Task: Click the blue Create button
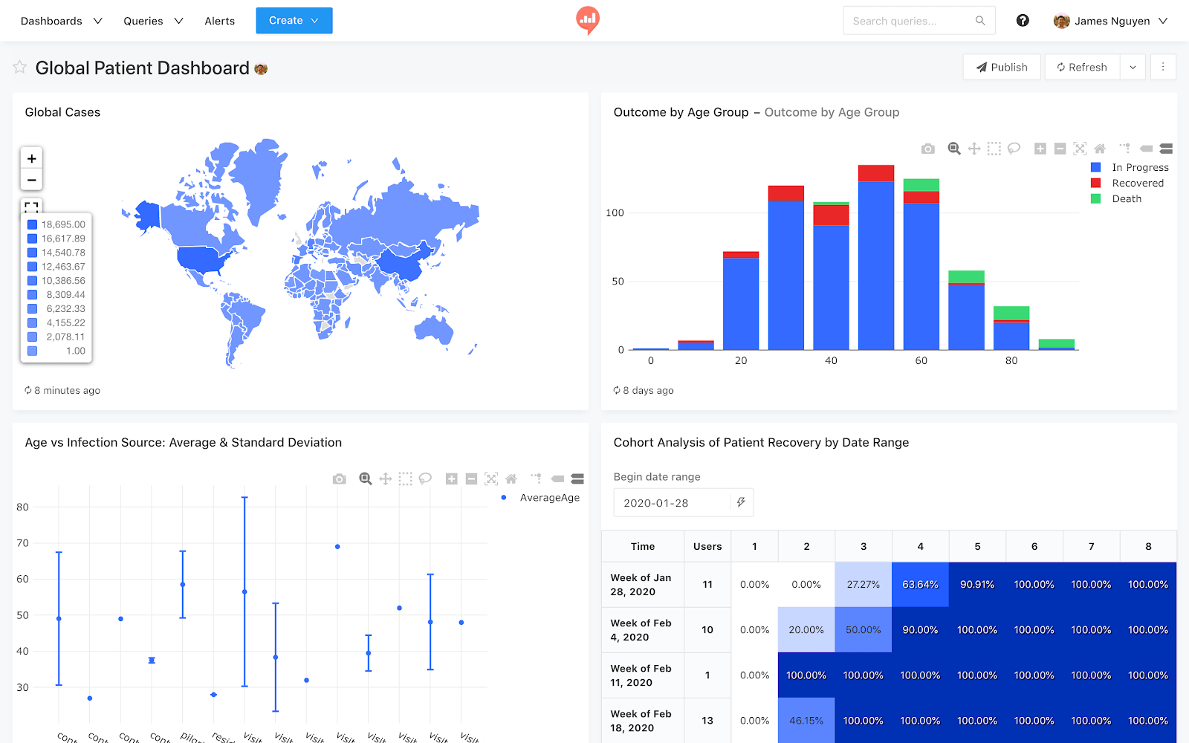point(294,21)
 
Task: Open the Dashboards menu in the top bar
point(61,21)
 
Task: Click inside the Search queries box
point(910,21)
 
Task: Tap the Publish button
point(1002,67)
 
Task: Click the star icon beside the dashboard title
point(20,68)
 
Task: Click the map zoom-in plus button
point(31,158)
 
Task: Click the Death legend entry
point(1126,199)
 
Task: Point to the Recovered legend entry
point(1137,184)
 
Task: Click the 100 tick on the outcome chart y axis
point(615,213)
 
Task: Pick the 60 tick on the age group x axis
point(921,361)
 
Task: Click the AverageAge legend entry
point(548,498)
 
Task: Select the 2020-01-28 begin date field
point(673,503)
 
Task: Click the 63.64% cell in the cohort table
point(920,585)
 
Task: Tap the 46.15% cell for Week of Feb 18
point(806,721)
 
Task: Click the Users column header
point(707,547)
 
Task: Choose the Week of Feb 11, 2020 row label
point(641,675)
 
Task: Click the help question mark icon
point(1023,21)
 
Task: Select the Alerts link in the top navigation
point(219,21)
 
